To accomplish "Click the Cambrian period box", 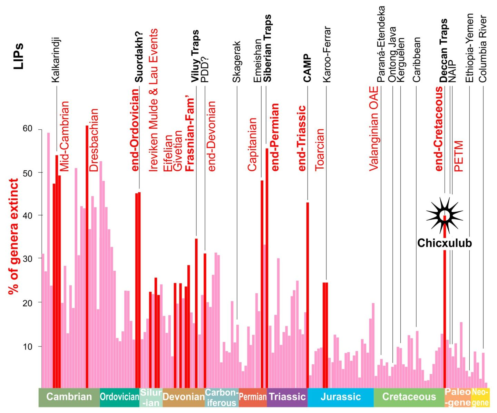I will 69,397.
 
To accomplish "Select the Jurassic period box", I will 341,397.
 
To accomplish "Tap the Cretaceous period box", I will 409,397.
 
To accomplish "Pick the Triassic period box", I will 287,397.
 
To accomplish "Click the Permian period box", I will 253,397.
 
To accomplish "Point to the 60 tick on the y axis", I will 28,129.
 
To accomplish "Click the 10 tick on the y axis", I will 28,346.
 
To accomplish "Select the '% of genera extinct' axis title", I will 14,236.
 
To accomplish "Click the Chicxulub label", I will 445,243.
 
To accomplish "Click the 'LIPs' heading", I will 18,56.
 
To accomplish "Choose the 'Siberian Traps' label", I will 267,48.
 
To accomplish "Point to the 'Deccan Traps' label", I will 444,50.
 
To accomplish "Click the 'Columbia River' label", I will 483,49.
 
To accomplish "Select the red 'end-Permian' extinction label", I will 275,137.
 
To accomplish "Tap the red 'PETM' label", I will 459,156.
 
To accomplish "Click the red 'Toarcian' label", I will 320,150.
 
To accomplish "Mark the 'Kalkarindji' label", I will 56,60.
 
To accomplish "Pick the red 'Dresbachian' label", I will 94,140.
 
